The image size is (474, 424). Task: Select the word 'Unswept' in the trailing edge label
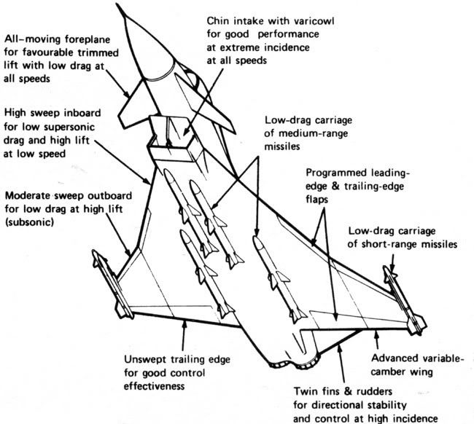tap(147, 358)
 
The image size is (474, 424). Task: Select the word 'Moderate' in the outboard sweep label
tap(29, 197)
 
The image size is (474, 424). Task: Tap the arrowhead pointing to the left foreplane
tap(130, 94)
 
